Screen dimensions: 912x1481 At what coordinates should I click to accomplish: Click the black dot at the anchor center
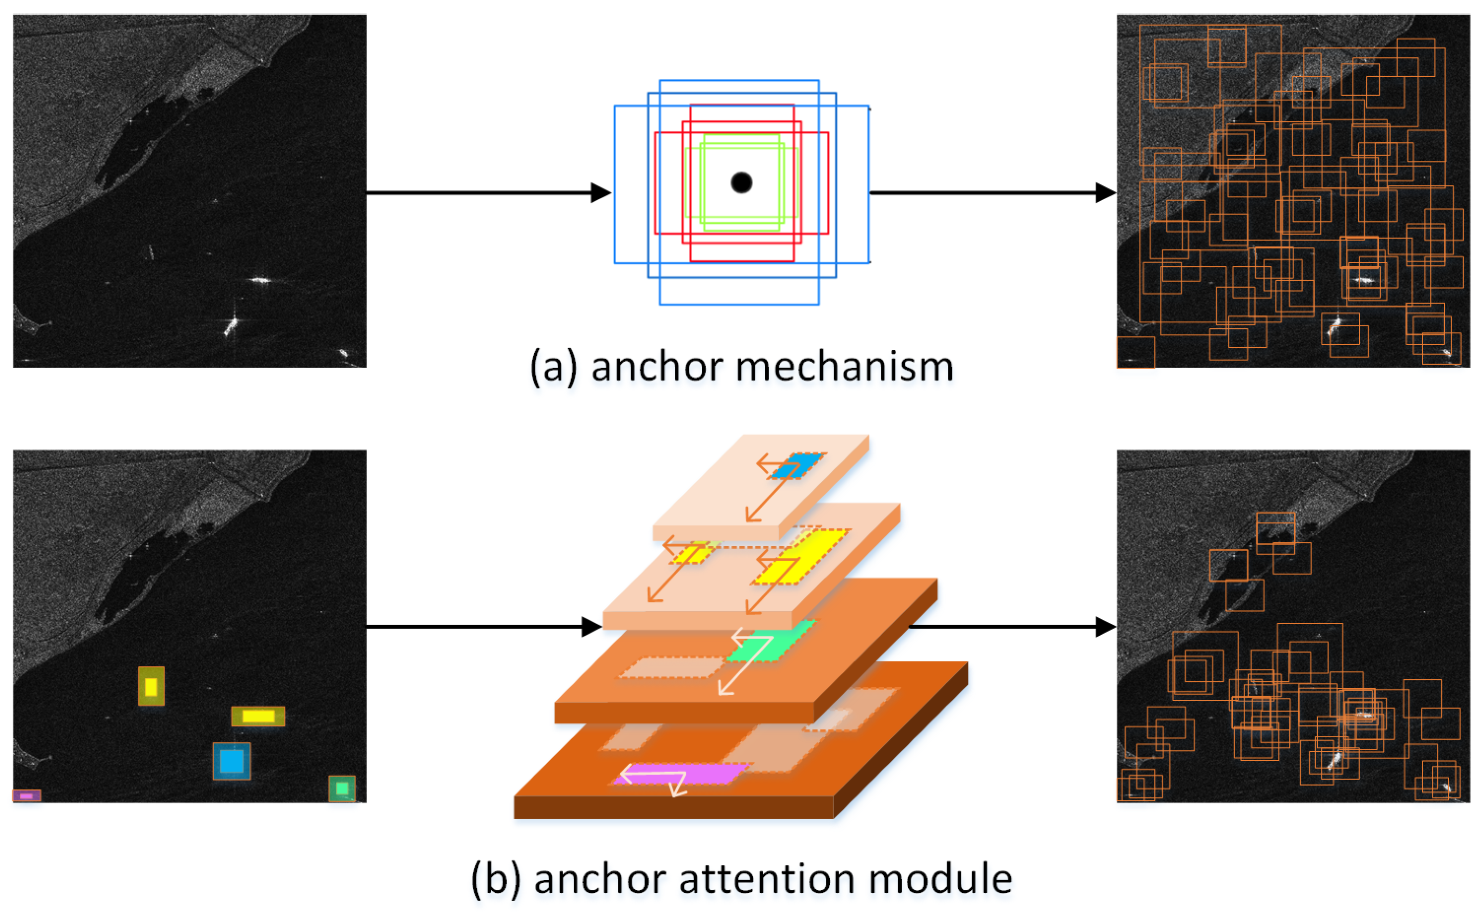coord(741,182)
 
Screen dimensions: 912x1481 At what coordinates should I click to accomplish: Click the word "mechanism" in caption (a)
coord(845,367)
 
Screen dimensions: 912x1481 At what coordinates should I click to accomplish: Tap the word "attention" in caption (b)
coord(766,879)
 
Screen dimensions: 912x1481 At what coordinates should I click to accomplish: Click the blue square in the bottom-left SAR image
coord(232,761)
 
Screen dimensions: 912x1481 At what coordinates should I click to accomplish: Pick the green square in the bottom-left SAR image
coord(342,788)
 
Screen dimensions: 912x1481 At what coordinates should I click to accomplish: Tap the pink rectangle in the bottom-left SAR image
coord(26,796)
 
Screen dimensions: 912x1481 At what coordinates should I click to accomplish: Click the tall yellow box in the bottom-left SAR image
coord(151,686)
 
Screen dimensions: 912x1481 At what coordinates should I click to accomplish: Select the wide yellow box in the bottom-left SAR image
coord(258,717)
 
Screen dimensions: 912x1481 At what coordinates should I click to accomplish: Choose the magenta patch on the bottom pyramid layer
coord(682,774)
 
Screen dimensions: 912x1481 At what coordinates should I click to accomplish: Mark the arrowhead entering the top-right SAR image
coord(1106,193)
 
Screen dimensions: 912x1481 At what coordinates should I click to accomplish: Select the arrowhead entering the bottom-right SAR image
coord(1106,627)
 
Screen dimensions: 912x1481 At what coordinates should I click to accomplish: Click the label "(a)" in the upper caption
coord(553,367)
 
